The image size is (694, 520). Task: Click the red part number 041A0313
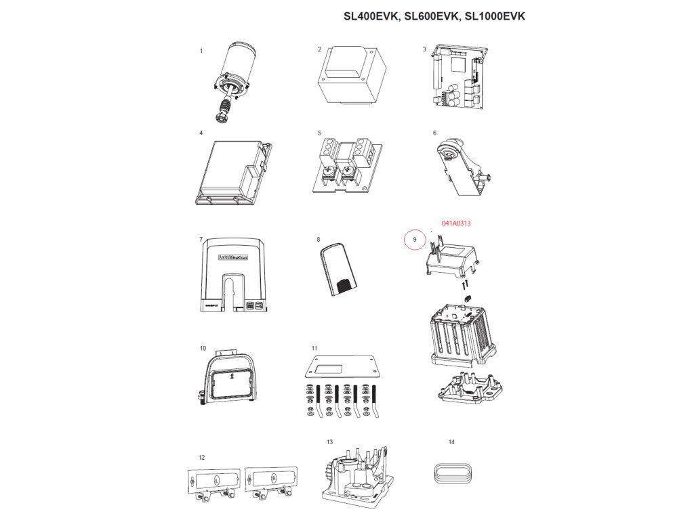tap(456, 223)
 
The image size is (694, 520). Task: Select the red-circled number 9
tap(415, 239)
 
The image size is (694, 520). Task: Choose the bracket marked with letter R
tap(271, 479)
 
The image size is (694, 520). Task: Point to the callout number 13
tap(329, 442)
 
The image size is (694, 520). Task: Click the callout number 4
tap(201, 133)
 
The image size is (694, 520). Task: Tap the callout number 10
tap(203, 349)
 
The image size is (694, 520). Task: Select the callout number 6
tap(434, 133)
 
